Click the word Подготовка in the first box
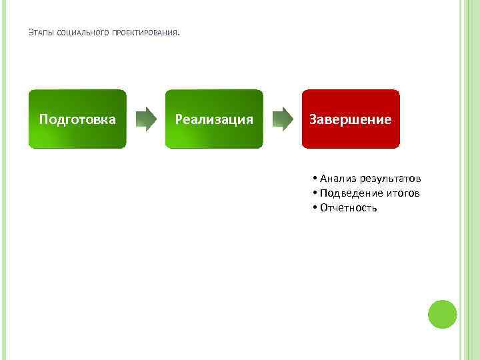click(x=77, y=119)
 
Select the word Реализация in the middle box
click(x=214, y=119)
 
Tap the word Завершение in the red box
click(x=351, y=119)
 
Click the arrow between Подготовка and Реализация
click(x=145, y=119)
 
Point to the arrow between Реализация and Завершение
click(x=282, y=119)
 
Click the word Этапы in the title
click(x=42, y=33)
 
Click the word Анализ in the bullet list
click(x=338, y=179)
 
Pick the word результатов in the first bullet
click(x=389, y=179)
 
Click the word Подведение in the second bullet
click(x=351, y=193)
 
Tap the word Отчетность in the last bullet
click(x=349, y=208)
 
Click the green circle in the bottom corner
click(x=442, y=314)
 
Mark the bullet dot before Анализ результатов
click(x=314, y=179)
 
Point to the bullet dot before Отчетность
click(x=314, y=208)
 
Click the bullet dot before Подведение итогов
click(x=314, y=193)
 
